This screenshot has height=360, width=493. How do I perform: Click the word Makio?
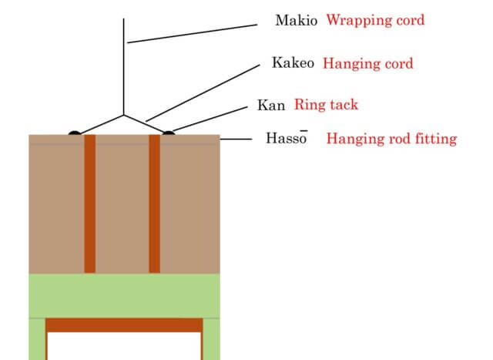click(x=296, y=20)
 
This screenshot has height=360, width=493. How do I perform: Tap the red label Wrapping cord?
click(x=374, y=20)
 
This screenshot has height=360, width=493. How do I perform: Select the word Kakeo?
click(x=293, y=63)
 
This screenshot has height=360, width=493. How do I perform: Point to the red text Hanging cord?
click(x=367, y=64)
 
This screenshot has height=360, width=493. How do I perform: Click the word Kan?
click(x=271, y=106)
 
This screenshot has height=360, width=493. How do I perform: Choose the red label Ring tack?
click(x=326, y=105)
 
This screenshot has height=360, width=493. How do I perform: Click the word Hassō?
click(x=287, y=139)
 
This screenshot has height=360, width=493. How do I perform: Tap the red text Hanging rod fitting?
click(x=391, y=139)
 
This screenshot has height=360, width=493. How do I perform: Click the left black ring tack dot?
click(x=74, y=133)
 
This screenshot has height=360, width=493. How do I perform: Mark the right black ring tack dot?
click(x=168, y=133)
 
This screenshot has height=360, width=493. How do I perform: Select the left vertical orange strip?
click(x=90, y=204)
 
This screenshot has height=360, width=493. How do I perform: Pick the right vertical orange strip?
click(x=154, y=204)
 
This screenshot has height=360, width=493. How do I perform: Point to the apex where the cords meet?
click(x=124, y=116)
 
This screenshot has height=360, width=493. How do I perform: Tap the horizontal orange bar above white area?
click(x=124, y=325)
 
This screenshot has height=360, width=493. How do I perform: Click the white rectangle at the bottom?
click(x=124, y=345)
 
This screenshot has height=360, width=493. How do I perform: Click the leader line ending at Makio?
click(x=193, y=33)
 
